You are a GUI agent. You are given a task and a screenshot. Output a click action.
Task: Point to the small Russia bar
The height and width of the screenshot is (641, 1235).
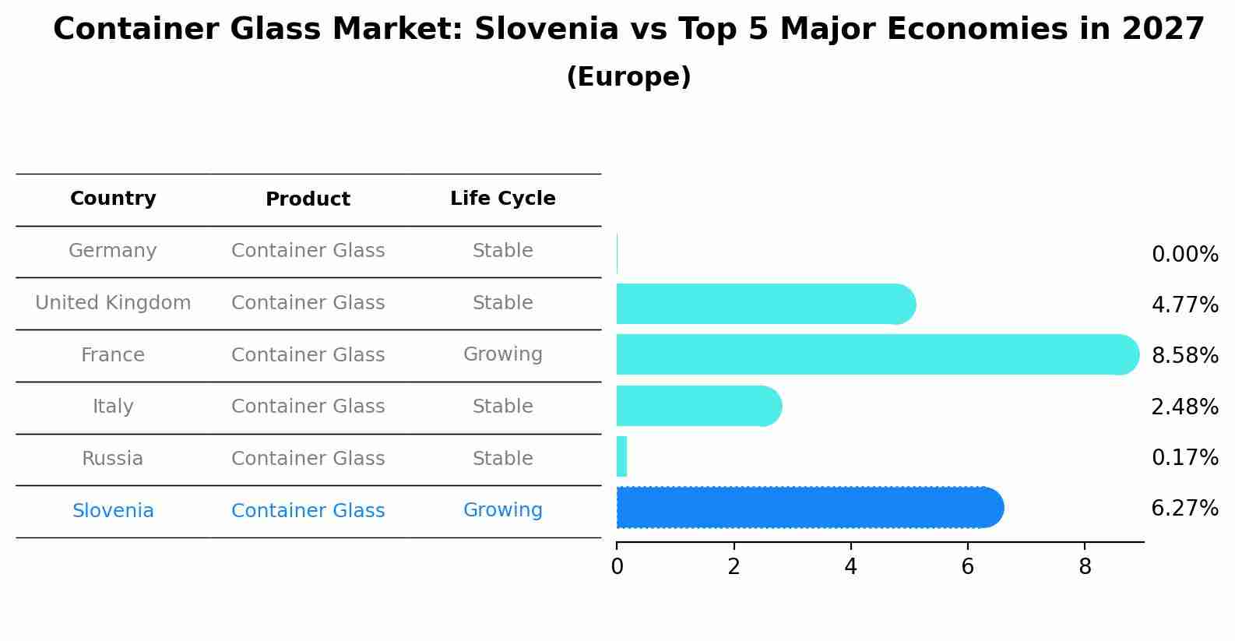click(621, 456)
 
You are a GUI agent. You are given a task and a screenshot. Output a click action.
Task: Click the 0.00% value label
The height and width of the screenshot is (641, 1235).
click(1184, 255)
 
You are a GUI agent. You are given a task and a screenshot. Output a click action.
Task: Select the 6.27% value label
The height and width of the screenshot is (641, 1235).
click(1184, 509)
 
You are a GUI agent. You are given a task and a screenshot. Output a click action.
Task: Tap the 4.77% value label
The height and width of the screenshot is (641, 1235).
click(1184, 305)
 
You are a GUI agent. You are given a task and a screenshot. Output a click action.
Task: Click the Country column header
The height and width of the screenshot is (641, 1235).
click(113, 199)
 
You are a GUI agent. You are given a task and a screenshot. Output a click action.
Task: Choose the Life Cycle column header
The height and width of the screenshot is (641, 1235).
click(502, 199)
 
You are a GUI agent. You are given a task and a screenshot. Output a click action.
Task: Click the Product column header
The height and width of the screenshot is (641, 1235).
click(308, 199)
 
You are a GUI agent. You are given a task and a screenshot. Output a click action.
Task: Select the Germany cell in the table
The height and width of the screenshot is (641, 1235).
click(113, 251)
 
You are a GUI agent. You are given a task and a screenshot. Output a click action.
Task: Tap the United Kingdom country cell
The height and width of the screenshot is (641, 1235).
click(113, 303)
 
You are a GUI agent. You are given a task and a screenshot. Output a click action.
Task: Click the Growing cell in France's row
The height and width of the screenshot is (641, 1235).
click(502, 354)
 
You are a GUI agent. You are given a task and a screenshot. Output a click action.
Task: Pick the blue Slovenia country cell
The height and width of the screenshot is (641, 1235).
click(113, 511)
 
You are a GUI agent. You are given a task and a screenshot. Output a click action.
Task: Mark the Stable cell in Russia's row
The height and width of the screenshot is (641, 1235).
click(502, 459)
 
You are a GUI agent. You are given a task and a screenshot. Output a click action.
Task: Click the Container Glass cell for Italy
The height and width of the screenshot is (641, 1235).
click(308, 407)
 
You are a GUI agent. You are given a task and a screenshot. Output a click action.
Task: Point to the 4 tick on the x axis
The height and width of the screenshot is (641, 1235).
click(850, 566)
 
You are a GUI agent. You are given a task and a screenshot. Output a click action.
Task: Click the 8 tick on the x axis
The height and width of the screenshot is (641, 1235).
click(1085, 566)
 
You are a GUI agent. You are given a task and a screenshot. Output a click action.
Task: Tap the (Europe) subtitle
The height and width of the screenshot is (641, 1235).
click(628, 77)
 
